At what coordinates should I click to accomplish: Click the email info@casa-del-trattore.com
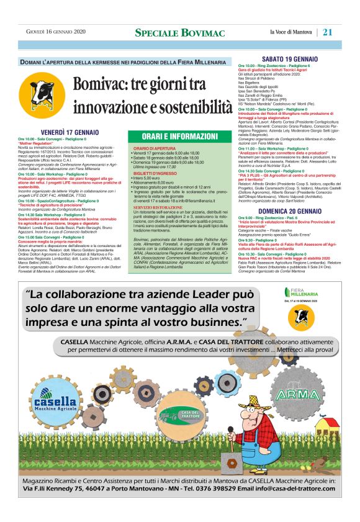282,490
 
